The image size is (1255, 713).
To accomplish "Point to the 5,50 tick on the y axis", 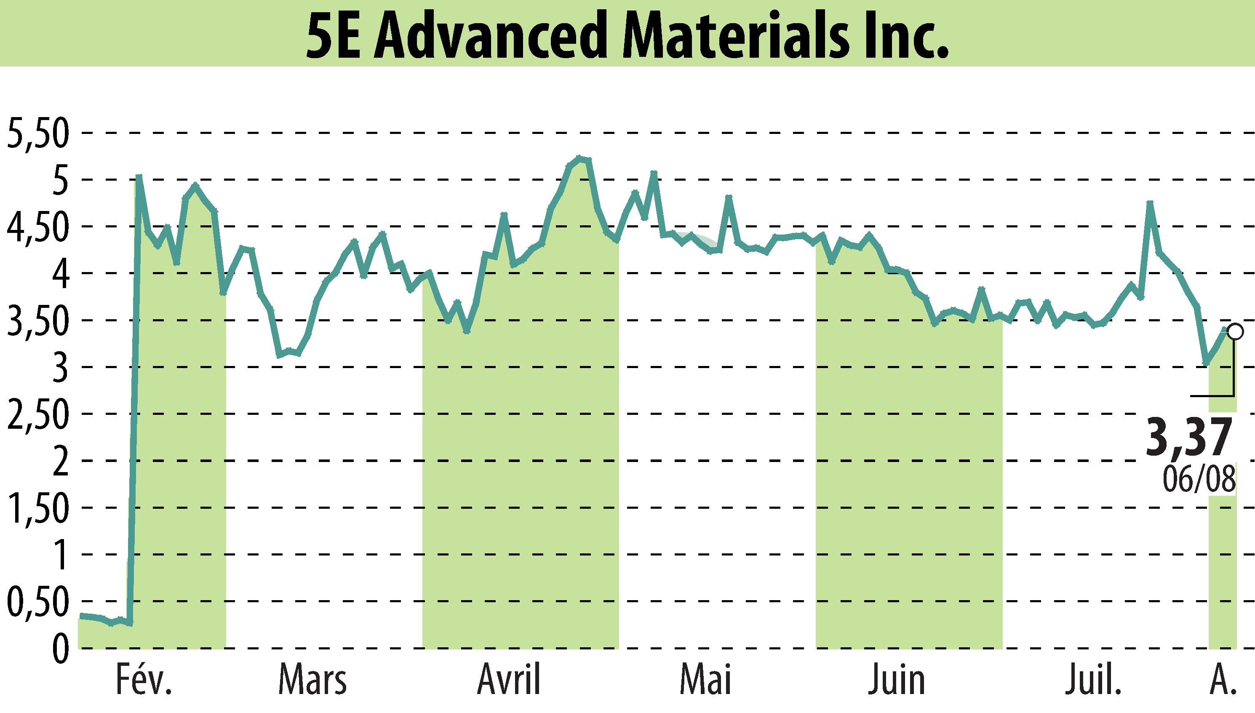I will (x=37, y=134).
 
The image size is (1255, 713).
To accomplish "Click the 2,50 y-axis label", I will (x=37, y=414).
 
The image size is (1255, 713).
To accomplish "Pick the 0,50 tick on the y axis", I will (x=37, y=602).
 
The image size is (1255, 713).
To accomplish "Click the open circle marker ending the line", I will (x=1235, y=331).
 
